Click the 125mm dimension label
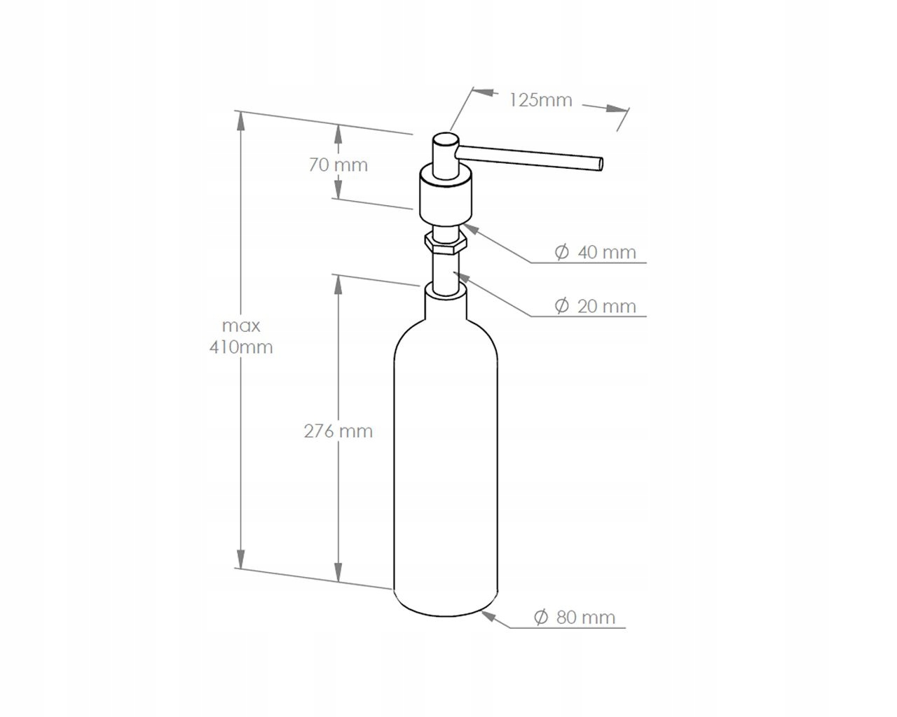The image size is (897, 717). click(x=540, y=100)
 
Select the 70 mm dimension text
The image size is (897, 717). click(x=338, y=165)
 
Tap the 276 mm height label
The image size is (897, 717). click(x=338, y=431)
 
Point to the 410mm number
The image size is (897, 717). click(x=241, y=347)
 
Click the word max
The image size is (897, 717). click(x=241, y=326)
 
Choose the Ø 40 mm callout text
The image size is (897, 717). click(x=595, y=253)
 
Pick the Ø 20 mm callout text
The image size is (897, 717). click(x=595, y=306)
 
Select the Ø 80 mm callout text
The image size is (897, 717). click(x=575, y=618)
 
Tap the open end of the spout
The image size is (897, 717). click(x=601, y=164)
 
